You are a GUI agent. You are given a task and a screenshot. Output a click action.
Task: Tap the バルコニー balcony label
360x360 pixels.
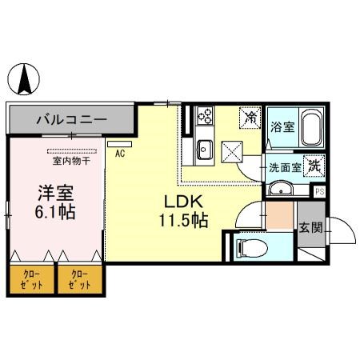point(70,120)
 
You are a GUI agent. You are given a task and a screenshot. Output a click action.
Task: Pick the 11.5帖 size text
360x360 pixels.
point(186,219)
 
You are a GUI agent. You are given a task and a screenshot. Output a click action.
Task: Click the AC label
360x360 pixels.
point(120,154)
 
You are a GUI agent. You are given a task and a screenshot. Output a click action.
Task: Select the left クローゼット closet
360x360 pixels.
point(32,279)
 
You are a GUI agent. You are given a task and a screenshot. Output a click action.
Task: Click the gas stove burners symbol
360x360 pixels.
point(202,118)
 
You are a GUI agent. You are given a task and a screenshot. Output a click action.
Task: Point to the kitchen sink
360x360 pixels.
point(203,148)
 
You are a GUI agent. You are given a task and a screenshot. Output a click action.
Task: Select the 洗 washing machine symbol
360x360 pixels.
point(315,166)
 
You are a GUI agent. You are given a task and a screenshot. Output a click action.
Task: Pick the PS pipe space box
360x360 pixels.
point(319,191)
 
